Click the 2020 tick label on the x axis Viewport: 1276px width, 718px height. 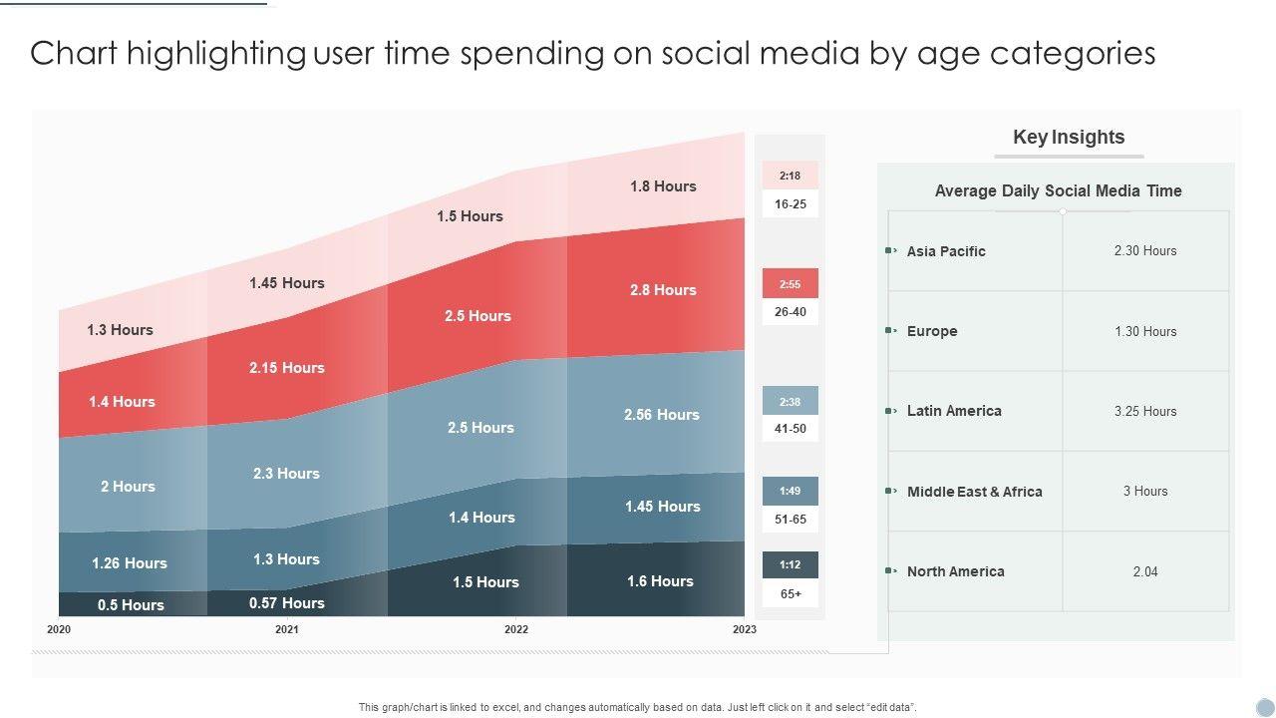pyautogui.click(x=59, y=629)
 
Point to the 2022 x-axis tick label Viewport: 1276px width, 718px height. pyautogui.click(x=516, y=629)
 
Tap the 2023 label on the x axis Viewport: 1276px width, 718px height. pyautogui.click(x=744, y=629)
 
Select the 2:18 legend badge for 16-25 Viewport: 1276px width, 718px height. pyautogui.click(x=790, y=176)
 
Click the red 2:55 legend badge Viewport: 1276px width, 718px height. pyautogui.click(x=790, y=284)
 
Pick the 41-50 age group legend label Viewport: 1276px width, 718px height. pyautogui.click(x=790, y=429)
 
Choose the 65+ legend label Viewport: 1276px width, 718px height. pyautogui.click(x=791, y=593)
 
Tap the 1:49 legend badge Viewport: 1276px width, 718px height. pyautogui.click(x=790, y=491)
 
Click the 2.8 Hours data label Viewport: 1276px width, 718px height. pyautogui.click(x=663, y=290)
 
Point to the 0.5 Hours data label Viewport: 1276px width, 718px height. pyautogui.click(x=131, y=605)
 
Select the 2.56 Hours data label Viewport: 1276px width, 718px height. pyautogui.click(x=662, y=415)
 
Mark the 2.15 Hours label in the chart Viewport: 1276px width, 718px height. pyautogui.click(x=287, y=368)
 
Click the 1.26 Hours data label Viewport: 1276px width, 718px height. pyautogui.click(x=130, y=563)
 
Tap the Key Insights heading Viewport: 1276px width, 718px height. pyautogui.click(x=1069, y=138)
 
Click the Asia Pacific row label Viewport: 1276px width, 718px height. pyautogui.click(x=946, y=251)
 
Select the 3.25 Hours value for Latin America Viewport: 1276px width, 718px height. pyautogui.click(x=1145, y=411)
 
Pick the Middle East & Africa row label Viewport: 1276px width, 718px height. pyautogui.click(x=974, y=492)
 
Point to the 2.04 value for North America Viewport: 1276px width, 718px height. pyautogui.click(x=1145, y=571)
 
